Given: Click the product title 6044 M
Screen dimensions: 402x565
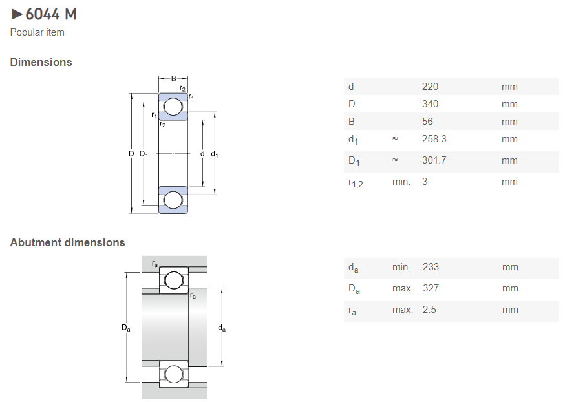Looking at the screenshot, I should (51, 14).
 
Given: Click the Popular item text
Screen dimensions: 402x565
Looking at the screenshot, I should (37, 32).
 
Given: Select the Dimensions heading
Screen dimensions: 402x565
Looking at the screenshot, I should (41, 63).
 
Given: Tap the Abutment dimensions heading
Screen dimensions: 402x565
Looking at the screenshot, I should (68, 243).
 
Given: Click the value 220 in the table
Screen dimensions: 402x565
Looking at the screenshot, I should (430, 87).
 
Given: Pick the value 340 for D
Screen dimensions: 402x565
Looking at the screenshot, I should (430, 104).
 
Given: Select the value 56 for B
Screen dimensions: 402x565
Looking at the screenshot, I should (427, 122).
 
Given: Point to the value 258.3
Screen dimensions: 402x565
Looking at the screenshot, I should (434, 139).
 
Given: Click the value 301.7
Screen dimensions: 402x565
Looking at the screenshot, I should (434, 160).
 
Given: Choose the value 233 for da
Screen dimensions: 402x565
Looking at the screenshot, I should (431, 267).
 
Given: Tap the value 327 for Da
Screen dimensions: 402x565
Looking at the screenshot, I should (431, 288).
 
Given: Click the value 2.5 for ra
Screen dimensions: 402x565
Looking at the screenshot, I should (429, 310).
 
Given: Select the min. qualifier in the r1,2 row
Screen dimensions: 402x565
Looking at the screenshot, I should (401, 182).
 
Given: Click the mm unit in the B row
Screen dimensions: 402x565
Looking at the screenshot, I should (509, 122).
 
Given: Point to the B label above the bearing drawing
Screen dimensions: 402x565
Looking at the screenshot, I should (173, 79).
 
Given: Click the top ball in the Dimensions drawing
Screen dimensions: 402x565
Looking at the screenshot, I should (173, 107).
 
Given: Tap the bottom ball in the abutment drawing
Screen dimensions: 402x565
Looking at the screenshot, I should (174, 374).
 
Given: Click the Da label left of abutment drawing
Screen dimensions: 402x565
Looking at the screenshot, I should (126, 328).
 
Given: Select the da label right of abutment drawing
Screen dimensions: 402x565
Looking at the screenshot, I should (222, 328).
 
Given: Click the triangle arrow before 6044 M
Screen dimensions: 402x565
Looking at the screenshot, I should (17, 14).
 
